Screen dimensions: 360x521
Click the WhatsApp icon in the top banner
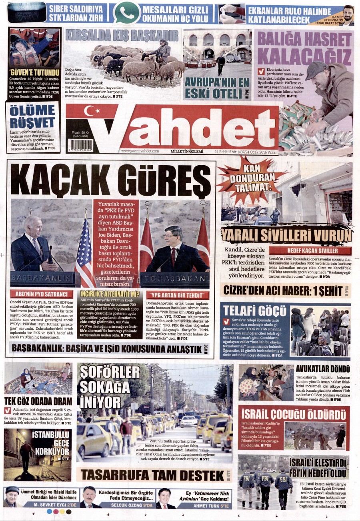click(126, 12)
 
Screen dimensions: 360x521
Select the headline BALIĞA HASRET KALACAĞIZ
click(304, 46)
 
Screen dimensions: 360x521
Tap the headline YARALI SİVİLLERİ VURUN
click(286, 234)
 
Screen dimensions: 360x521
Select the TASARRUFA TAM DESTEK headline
click(152, 475)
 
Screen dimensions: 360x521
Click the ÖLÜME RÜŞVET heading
click(32, 116)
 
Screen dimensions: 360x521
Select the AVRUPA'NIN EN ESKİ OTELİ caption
click(216, 88)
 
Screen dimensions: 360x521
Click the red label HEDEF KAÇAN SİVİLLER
click(312, 251)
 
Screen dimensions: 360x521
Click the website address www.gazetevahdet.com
click(140, 151)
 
